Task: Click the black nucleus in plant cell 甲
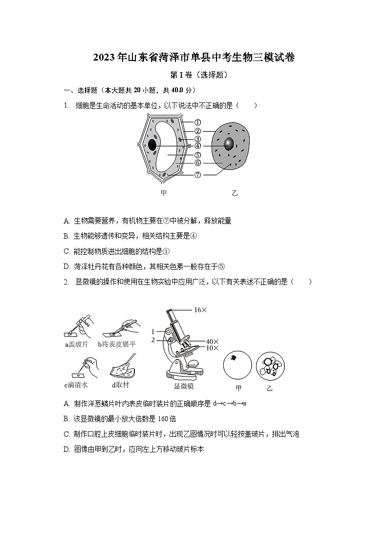[x=152, y=145]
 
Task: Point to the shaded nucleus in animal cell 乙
[x=229, y=144]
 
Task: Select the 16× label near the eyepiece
[x=200, y=310]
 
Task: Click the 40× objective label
[x=212, y=342]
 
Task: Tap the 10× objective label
[x=212, y=348]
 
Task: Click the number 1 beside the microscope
[x=152, y=331]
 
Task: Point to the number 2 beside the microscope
[x=152, y=340]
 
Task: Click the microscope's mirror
[x=194, y=364]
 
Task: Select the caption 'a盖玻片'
[x=77, y=344]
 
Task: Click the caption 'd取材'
[x=120, y=385]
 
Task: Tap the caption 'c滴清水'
[x=76, y=385]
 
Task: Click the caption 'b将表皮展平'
[x=117, y=344]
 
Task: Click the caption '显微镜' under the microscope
[x=184, y=386]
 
